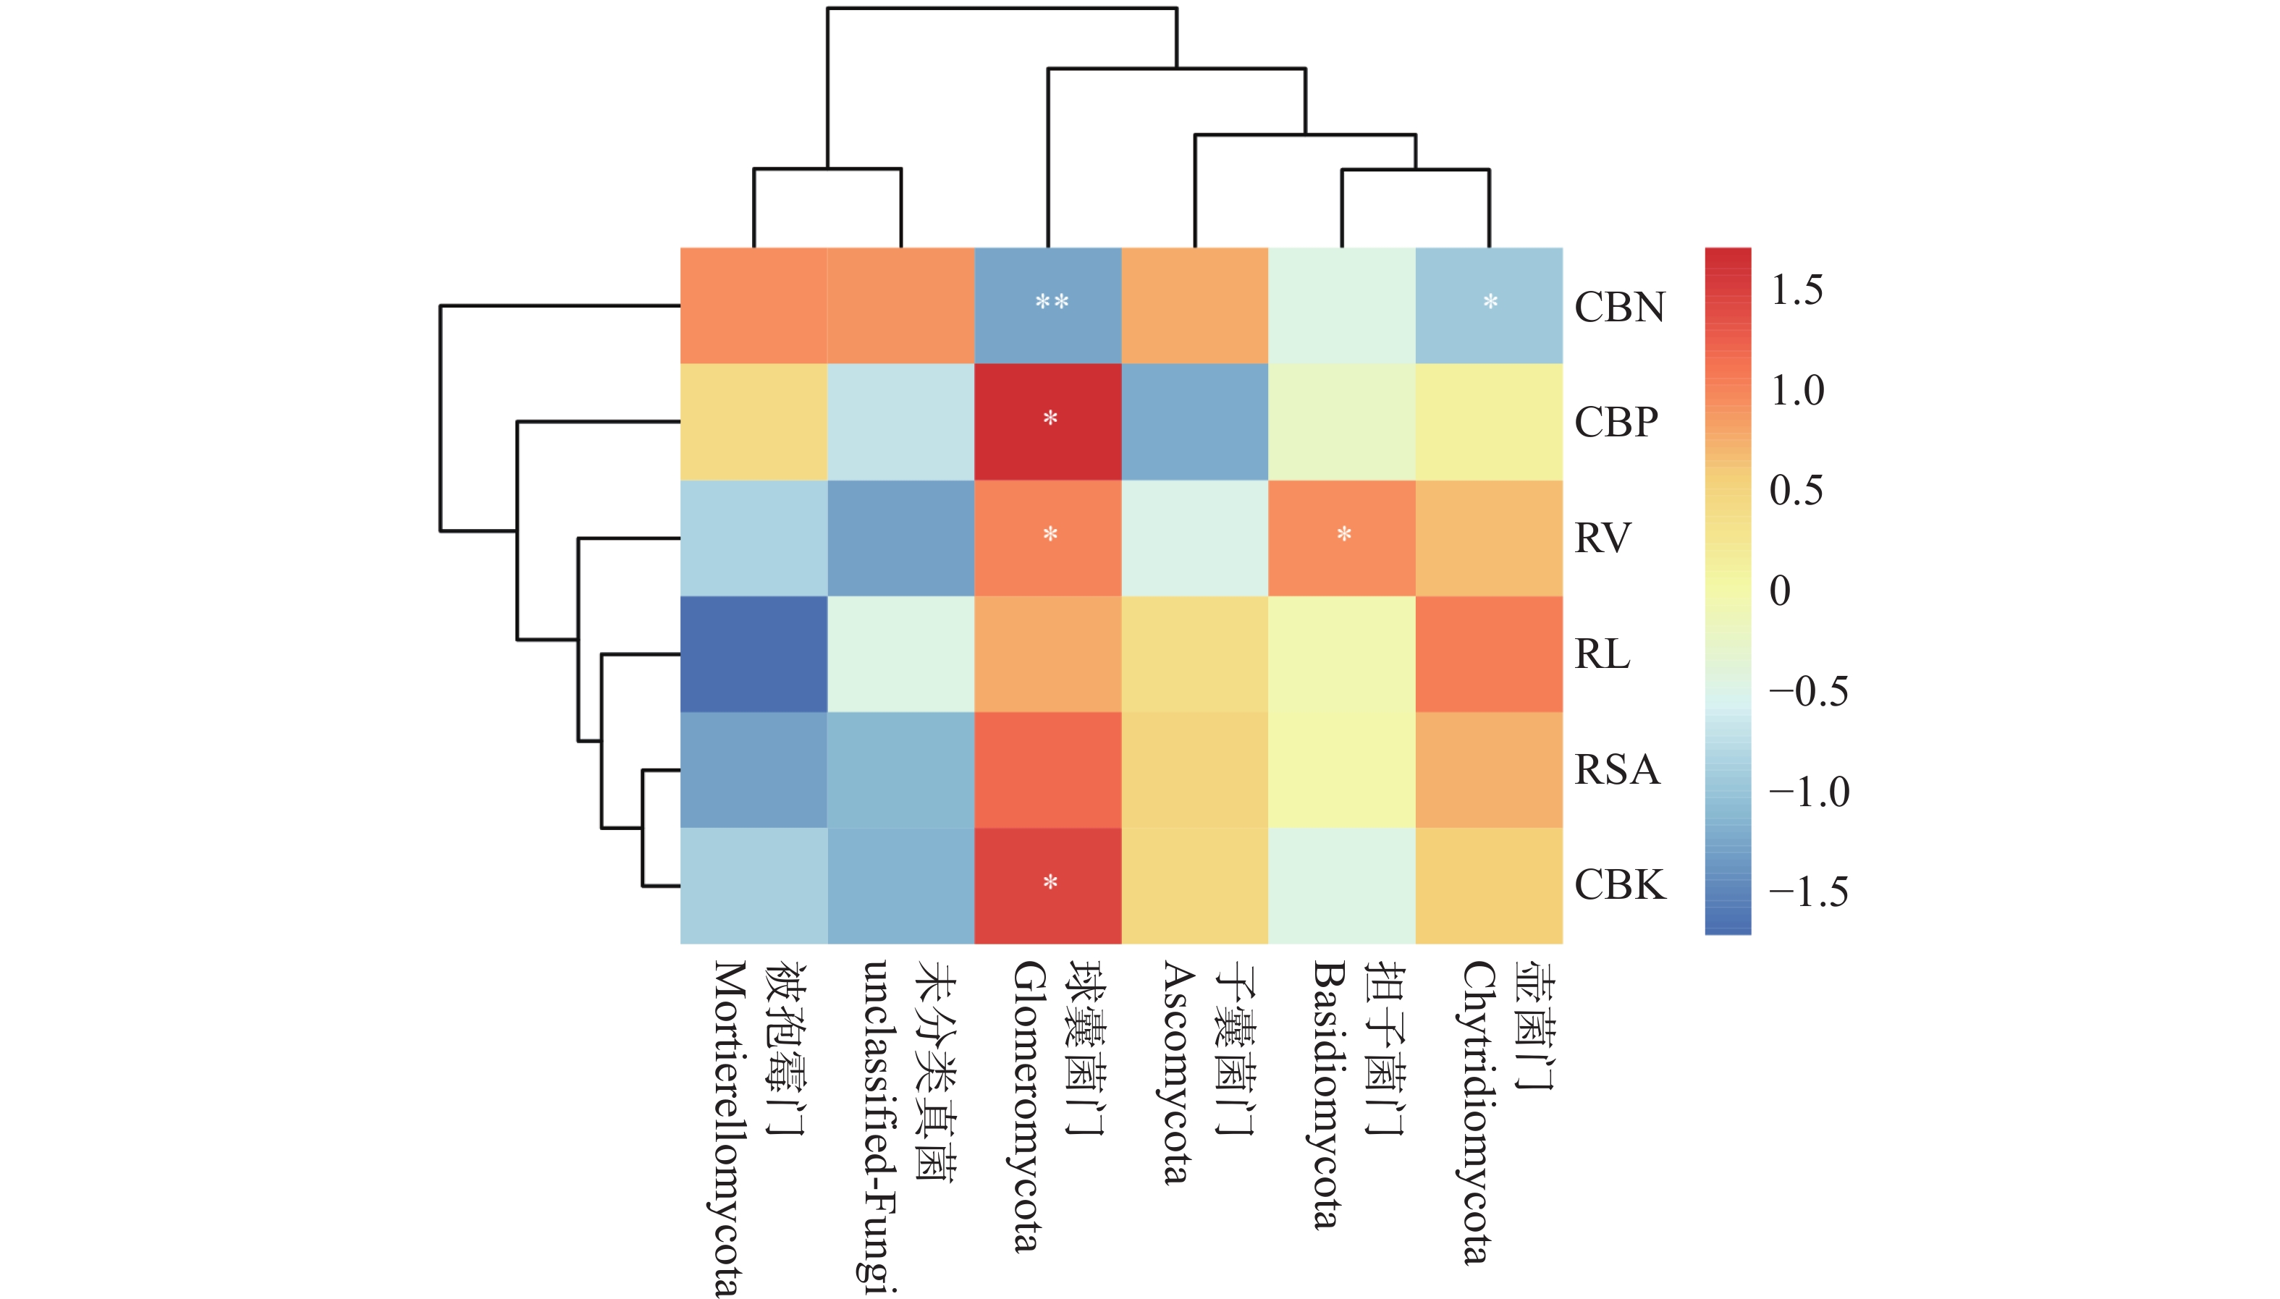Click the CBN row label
pyautogui.click(x=1618, y=307)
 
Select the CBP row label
pyautogui.click(x=1616, y=422)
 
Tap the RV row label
pyautogui.click(x=1602, y=538)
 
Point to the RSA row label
pyautogui.click(x=1616, y=770)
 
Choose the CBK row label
pyautogui.click(x=1618, y=885)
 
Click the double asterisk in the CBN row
pyautogui.click(x=1051, y=302)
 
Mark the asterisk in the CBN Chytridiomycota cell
pyautogui.click(x=1490, y=302)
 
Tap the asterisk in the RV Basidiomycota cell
pyautogui.click(x=1343, y=534)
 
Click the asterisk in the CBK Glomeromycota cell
pyautogui.click(x=1050, y=882)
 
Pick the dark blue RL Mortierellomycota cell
pyautogui.click(x=753, y=654)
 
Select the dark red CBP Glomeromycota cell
pyautogui.click(x=1047, y=422)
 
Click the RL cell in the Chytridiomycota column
pyautogui.click(x=1488, y=654)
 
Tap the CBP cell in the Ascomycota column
pyautogui.click(x=1194, y=422)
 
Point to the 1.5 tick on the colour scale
pyautogui.click(x=1796, y=290)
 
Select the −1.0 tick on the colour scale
pyautogui.click(x=1808, y=792)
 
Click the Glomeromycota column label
pyautogui.click(x=1026, y=1107)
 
